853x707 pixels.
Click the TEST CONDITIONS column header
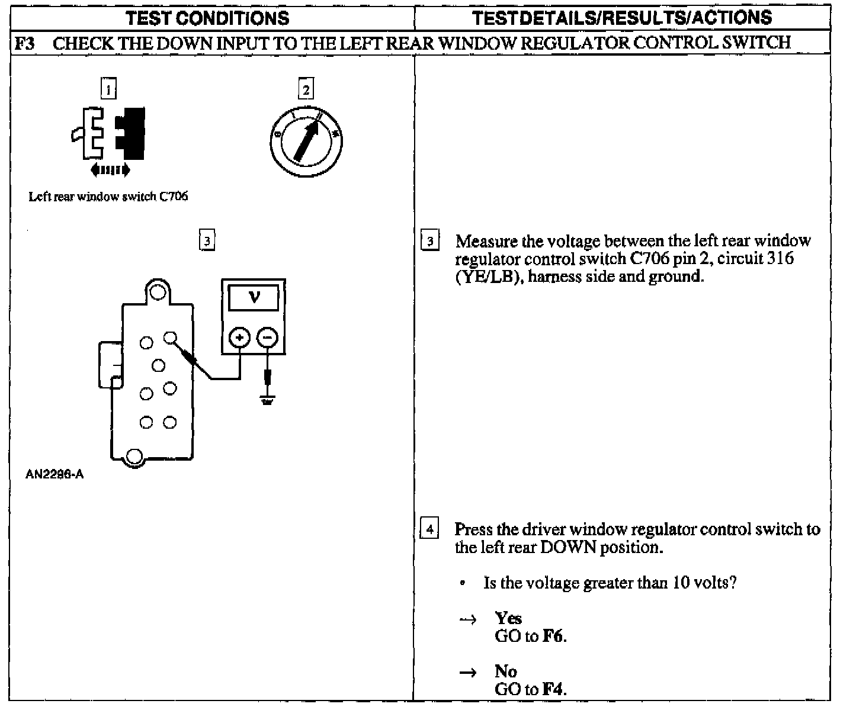207,18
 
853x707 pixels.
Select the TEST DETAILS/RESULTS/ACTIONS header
622,18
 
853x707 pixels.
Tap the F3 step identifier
24,43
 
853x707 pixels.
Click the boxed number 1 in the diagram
108,89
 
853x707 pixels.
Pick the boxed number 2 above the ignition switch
306,89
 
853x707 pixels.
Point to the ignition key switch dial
306,143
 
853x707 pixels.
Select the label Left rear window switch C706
108,197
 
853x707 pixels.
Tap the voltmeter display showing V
254,297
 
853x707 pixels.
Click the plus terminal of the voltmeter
240,338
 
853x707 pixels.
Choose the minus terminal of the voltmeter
267,338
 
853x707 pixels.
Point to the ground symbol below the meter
267,401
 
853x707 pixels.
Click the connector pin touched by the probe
170,338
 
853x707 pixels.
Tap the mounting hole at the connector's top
157,292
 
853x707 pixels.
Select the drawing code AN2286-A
54,474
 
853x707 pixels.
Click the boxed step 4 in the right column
429,528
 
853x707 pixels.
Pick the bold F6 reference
554,637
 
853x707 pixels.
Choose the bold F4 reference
554,689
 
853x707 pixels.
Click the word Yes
508,618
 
